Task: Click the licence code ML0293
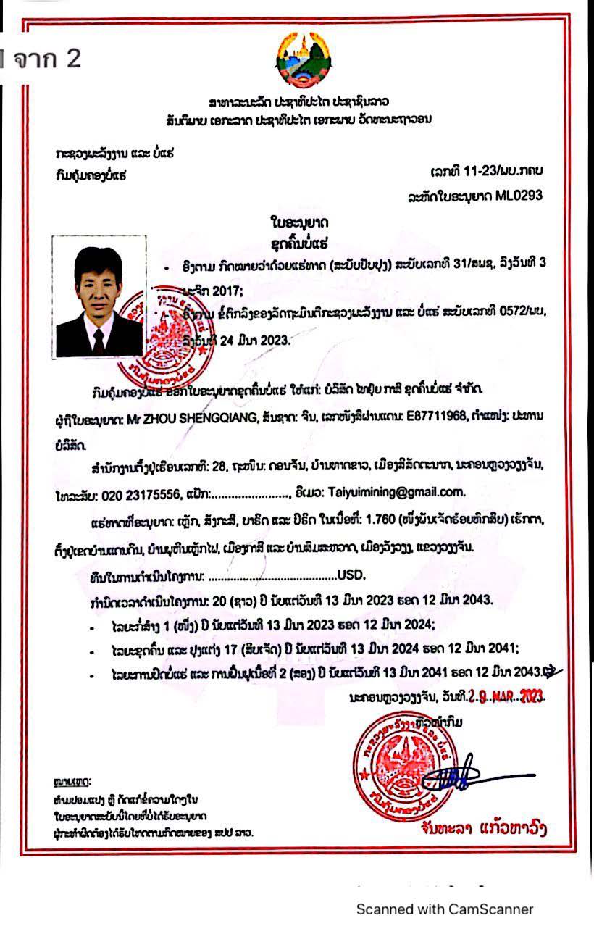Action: tap(519, 196)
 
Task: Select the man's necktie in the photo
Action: tap(99, 338)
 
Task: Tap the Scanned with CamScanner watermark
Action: tap(445, 909)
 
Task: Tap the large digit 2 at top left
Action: tap(73, 58)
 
